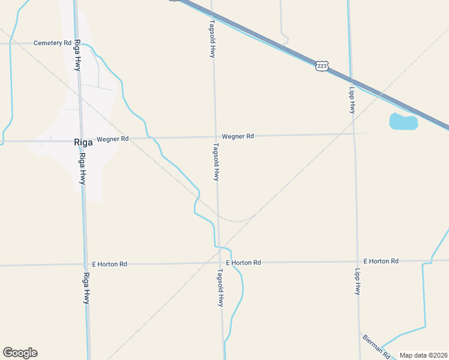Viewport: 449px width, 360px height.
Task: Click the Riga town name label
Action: point(82,143)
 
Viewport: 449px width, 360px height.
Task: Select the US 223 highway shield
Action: point(322,66)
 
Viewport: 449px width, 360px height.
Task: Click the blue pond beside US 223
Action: point(403,122)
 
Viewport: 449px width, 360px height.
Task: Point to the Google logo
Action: point(20,353)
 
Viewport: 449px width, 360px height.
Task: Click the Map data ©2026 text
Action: point(423,355)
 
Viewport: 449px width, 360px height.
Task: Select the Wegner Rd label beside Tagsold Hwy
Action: point(238,136)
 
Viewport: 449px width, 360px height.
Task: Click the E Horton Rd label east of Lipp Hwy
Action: point(381,261)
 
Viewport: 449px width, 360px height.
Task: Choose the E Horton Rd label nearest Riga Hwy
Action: point(109,264)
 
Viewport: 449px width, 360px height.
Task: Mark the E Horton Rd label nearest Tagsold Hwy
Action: point(243,263)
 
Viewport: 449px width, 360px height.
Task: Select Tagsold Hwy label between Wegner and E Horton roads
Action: point(216,162)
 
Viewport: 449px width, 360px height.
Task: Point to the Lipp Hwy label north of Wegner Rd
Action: point(352,100)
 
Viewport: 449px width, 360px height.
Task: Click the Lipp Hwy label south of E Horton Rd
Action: point(357,281)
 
